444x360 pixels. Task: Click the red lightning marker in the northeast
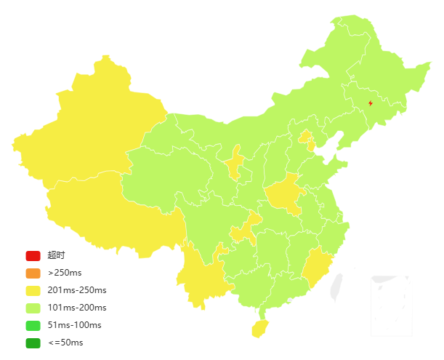[x=371, y=103]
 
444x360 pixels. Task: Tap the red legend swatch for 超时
[x=33, y=255]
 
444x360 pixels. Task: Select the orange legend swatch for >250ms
[x=33, y=273]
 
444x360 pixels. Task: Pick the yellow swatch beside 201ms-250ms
[x=33, y=290]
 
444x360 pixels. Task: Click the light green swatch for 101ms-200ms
[x=33, y=308]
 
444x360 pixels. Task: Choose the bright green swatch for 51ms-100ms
[x=33, y=325]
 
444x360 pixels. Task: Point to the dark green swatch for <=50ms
[x=33, y=343]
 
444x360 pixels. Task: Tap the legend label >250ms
[x=65, y=273]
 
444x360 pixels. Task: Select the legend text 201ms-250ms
[x=77, y=290]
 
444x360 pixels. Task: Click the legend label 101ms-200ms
[x=77, y=308]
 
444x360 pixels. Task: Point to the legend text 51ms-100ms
[x=74, y=325]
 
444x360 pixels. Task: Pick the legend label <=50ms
[x=65, y=343]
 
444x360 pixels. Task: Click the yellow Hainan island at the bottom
[x=259, y=329]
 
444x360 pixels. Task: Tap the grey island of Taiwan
[x=336, y=287]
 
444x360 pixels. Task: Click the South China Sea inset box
[x=391, y=305]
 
